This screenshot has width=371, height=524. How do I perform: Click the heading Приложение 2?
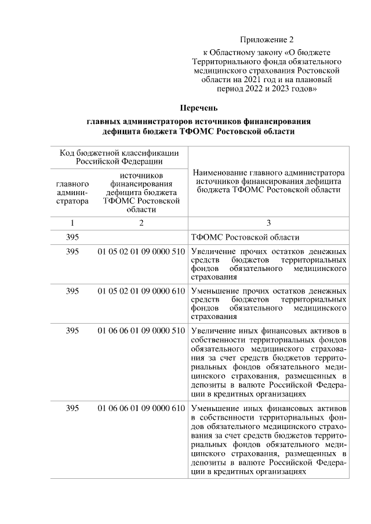click(267, 40)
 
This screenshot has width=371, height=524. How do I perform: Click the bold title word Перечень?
click(199, 108)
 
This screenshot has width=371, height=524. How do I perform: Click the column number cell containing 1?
click(72, 222)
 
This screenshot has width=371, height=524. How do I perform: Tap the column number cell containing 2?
click(141, 222)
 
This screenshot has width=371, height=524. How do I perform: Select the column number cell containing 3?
click(268, 222)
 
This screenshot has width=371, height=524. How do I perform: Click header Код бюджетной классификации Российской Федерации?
click(119, 156)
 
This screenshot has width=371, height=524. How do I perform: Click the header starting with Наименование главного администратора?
click(268, 181)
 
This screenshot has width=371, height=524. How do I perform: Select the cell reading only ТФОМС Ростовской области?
click(245, 237)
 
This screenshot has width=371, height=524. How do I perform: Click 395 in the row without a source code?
click(72, 237)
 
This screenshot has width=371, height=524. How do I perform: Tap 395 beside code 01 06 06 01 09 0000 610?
click(72, 408)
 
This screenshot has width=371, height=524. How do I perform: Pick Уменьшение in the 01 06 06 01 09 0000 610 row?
click(213, 408)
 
